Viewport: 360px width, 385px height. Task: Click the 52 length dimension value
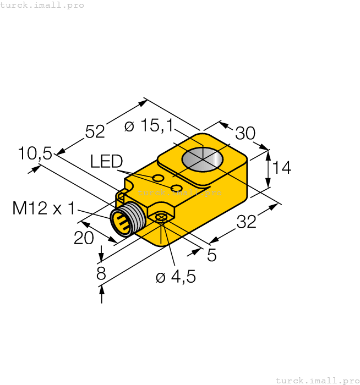(x=95, y=131)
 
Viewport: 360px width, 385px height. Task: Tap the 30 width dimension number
(x=246, y=134)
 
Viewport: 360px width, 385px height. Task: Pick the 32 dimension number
(x=246, y=223)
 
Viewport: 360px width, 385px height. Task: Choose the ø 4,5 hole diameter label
(x=176, y=277)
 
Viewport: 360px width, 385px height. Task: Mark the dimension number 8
(x=101, y=274)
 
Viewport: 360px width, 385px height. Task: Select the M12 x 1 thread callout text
(x=44, y=208)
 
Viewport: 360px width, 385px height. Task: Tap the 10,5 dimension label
(x=34, y=153)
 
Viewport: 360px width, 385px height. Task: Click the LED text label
(x=106, y=161)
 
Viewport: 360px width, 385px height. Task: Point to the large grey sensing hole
(x=203, y=159)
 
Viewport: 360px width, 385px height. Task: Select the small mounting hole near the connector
(x=161, y=218)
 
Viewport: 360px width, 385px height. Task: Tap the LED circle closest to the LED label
(x=158, y=178)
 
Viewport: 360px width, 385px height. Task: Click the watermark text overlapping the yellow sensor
(x=179, y=193)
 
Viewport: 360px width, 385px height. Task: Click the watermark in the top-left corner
(x=42, y=5)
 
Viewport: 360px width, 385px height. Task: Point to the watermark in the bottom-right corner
(x=317, y=380)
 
